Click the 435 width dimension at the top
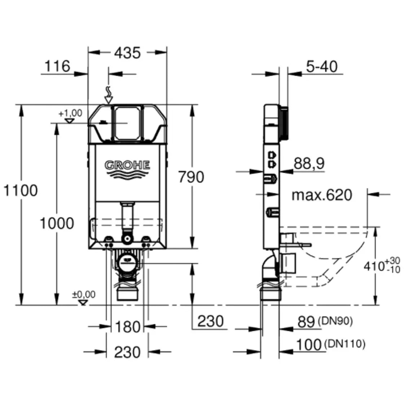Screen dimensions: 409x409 point(127,53)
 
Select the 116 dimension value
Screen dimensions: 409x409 point(57,66)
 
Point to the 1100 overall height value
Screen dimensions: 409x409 point(21,190)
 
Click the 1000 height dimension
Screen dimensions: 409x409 point(57,224)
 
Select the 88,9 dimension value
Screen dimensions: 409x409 point(309,163)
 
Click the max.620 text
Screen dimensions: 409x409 point(322,195)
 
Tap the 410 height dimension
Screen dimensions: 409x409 point(373,267)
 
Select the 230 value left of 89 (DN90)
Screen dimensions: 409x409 point(210,321)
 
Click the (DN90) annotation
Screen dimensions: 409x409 point(335,321)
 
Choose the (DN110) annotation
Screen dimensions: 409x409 point(345,344)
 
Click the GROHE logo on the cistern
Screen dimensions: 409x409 point(127,165)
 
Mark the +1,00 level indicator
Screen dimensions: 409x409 point(71,116)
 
